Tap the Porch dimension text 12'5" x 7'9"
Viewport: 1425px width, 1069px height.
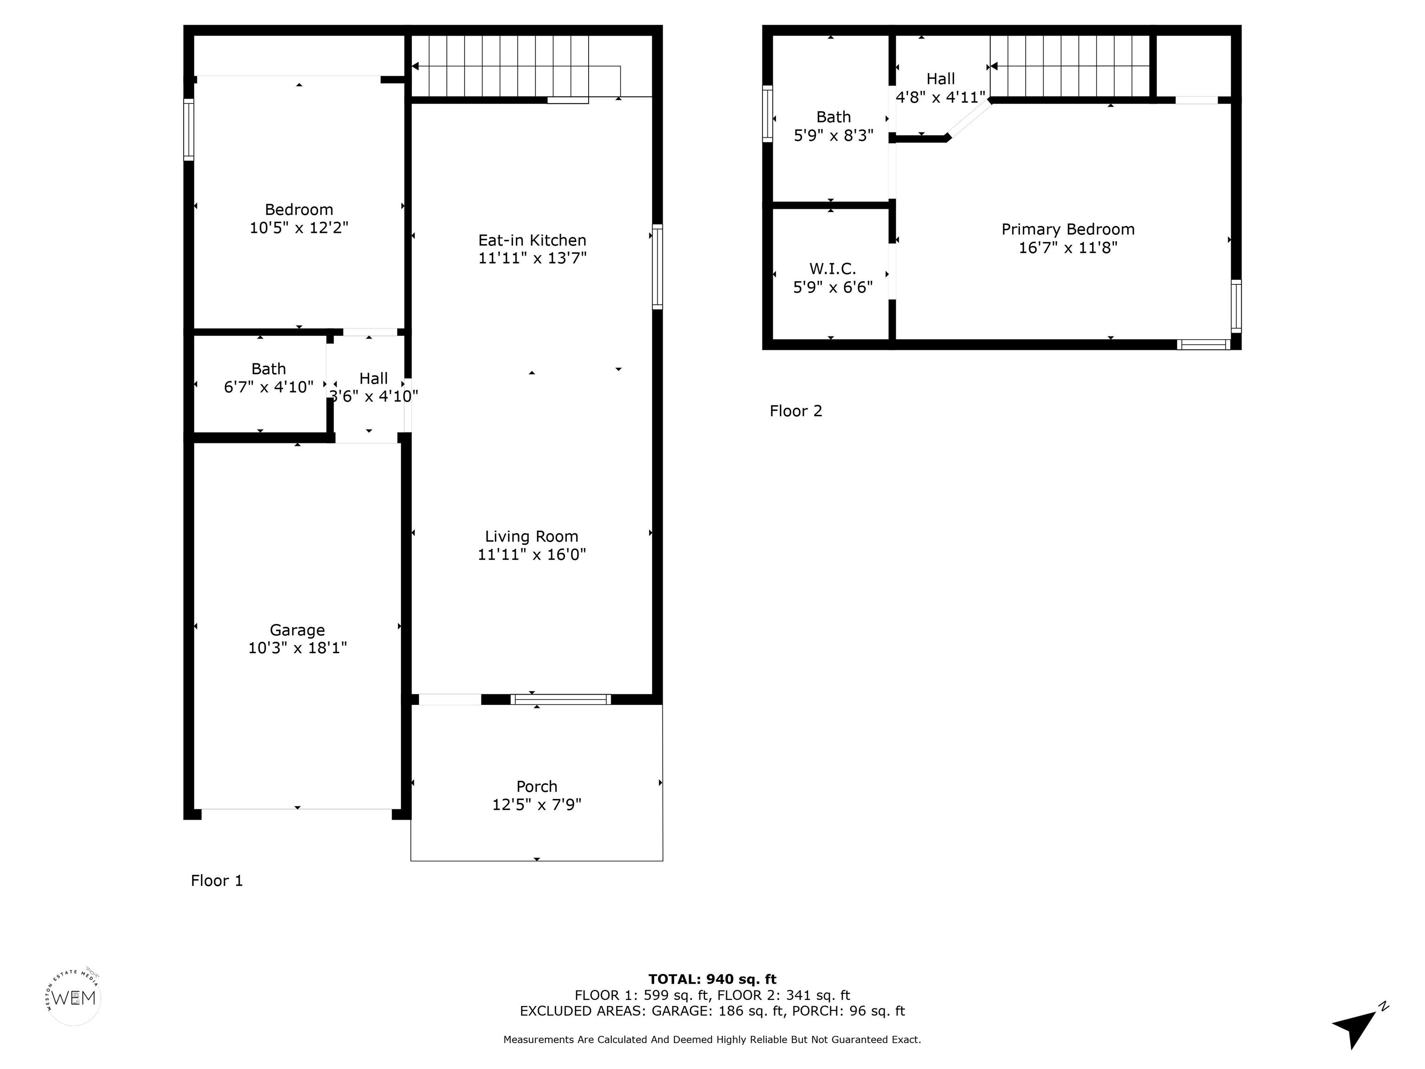pos(537,804)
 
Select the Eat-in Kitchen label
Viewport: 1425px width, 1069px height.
pos(532,240)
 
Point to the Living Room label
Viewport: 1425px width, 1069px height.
pos(532,537)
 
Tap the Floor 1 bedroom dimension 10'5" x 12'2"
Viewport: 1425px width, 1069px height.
pos(299,227)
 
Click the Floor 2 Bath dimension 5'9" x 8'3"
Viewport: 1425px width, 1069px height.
pos(834,135)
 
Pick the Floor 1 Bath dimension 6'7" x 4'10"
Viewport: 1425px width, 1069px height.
pos(269,386)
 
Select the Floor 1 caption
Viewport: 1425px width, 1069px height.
pos(217,880)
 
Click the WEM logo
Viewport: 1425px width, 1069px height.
pos(73,998)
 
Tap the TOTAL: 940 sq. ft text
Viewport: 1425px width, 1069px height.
pos(712,979)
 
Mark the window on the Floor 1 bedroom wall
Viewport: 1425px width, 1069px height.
pos(189,129)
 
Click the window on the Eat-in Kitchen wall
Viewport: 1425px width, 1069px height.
pos(657,267)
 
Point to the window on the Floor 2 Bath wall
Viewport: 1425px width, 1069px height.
pos(767,114)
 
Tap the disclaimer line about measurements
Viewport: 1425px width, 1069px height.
pos(712,1039)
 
